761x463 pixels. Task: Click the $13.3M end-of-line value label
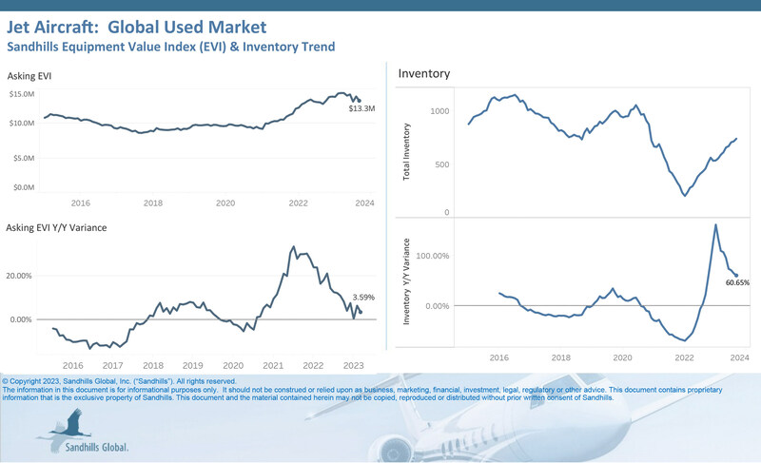pos(361,110)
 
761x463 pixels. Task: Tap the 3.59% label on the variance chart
pos(362,298)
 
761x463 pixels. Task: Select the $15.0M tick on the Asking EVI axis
pos(23,93)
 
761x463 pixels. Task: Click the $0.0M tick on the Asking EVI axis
pos(23,188)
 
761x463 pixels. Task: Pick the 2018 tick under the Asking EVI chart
pos(152,203)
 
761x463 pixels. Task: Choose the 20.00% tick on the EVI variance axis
pos(21,276)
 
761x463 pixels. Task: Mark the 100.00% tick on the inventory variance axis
pos(430,256)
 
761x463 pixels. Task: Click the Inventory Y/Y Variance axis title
pos(407,282)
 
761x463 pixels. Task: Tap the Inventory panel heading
pos(424,73)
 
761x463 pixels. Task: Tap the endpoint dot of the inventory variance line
pos(735,276)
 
